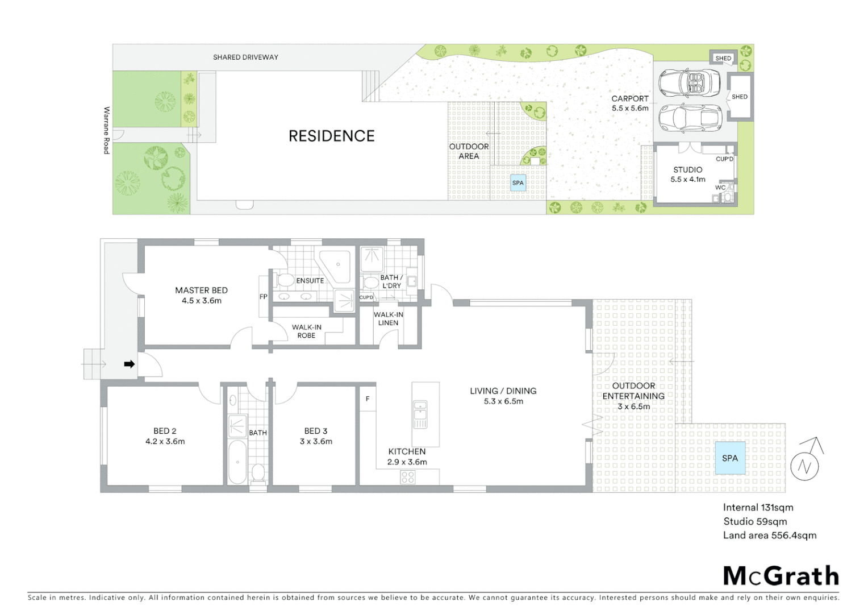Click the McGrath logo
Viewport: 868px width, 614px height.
[781, 576]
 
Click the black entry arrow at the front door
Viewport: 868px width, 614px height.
[130, 364]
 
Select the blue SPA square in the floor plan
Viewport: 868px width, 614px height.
[730, 458]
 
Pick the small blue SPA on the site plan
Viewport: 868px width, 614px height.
[518, 182]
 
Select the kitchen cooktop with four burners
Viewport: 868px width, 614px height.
[408, 477]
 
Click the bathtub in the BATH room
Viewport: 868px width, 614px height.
[237, 462]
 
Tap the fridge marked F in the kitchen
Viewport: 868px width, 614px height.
[368, 399]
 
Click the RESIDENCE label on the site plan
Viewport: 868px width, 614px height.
[331, 136]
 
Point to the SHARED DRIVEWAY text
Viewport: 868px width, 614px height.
[245, 57]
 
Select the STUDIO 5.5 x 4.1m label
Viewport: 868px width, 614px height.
[687, 174]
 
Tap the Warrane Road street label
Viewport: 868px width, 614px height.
[106, 130]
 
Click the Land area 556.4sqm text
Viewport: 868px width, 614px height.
[769, 535]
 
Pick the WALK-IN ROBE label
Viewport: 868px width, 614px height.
[306, 331]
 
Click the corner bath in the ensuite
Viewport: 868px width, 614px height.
[337, 265]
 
